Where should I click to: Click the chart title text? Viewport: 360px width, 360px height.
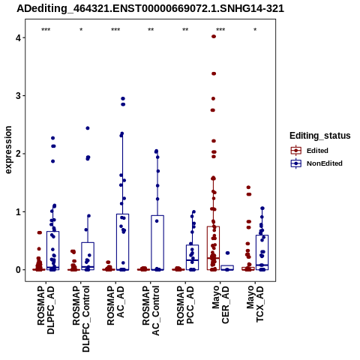[150, 8]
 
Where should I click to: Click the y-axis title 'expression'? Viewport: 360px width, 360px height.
[8, 150]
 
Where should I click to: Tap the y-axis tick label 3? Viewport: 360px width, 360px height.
[18, 96]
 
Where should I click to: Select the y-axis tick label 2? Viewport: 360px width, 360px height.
[18, 154]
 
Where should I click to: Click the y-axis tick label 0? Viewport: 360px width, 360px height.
[18, 270]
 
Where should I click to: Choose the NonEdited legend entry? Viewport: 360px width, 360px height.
[316, 163]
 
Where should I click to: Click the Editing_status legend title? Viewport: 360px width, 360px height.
[320, 136]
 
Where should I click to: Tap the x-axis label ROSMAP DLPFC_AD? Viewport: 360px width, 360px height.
[46, 310]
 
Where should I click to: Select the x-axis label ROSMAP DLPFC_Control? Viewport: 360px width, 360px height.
[81, 319]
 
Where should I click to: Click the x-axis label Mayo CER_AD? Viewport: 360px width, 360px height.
[220, 304]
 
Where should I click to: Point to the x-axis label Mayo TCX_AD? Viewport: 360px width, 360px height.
[255, 304]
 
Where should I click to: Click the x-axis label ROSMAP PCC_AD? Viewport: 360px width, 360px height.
[185, 305]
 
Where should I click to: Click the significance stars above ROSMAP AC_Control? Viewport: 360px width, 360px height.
[151, 30]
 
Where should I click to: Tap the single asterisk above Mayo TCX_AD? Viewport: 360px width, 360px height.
[255, 30]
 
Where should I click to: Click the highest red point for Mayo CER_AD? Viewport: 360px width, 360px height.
[214, 37]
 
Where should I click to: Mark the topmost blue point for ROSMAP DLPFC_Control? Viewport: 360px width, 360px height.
[88, 128]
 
